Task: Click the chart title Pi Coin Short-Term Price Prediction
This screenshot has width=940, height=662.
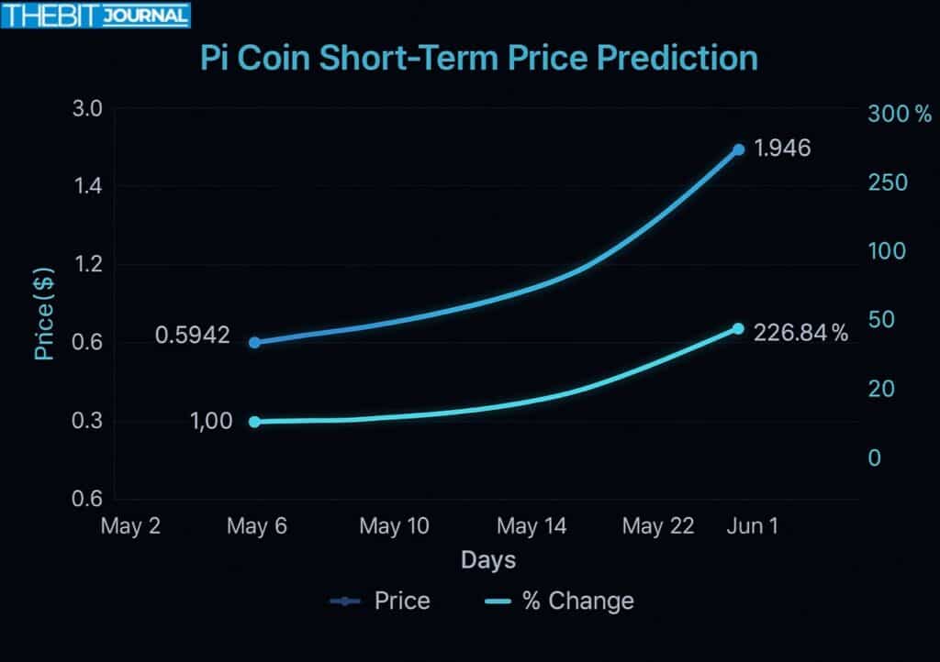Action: coord(479,57)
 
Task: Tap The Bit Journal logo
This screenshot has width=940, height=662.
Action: coord(95,16)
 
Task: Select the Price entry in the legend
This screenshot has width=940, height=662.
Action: coord(380,601)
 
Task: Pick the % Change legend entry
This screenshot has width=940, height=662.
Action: coord(558,601)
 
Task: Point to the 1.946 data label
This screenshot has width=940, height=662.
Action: coord(782,148)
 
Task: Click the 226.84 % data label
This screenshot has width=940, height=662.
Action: coord(800,334)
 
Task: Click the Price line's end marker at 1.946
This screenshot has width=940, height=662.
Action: coord(738,149)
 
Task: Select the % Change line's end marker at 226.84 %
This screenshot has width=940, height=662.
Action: coord(738,328)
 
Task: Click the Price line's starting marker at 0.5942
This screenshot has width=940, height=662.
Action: coord(255,342)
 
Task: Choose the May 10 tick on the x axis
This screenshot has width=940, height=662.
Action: coord(394,526)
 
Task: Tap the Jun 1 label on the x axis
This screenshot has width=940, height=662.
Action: coord(751,526)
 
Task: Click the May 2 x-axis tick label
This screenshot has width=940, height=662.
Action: coord(130,526)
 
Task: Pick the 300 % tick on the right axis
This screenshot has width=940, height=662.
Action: coord(900,115)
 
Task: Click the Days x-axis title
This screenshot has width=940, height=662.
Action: coord(487,559)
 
